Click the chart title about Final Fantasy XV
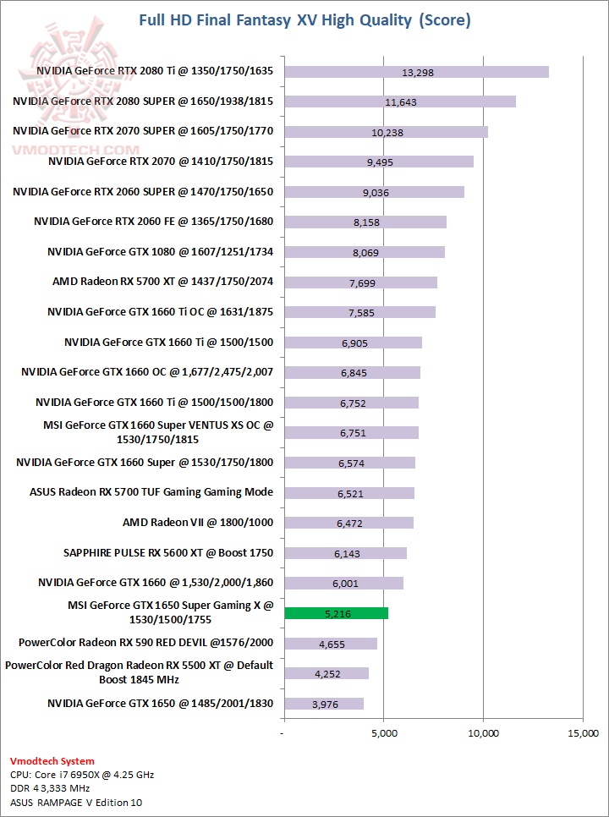[x=304, y=19]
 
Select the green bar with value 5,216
[x=336, y=613]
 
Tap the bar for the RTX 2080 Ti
[x=416, y=72]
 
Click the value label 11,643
[x=401, y=101]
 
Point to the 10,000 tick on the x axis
[x=484, y=732]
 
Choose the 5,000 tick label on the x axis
[x=384, y=732]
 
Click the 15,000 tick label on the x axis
[x=583, y=732]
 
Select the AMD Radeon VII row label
[x=198, y=523]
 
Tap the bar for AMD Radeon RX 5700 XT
[x=360, y=282]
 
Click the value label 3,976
[x=325, y=704]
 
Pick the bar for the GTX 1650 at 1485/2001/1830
[x=324, y=704]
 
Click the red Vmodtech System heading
[x=52, y=761]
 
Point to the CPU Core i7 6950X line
[x=82, y=775]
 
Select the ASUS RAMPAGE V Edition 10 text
[x=76, y=802]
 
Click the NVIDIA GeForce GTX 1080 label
[x=161, y=252]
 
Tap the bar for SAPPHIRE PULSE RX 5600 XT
[x=345, y=553]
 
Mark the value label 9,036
[x=376, y=192]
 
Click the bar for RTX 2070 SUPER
[x=386, y=132]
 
